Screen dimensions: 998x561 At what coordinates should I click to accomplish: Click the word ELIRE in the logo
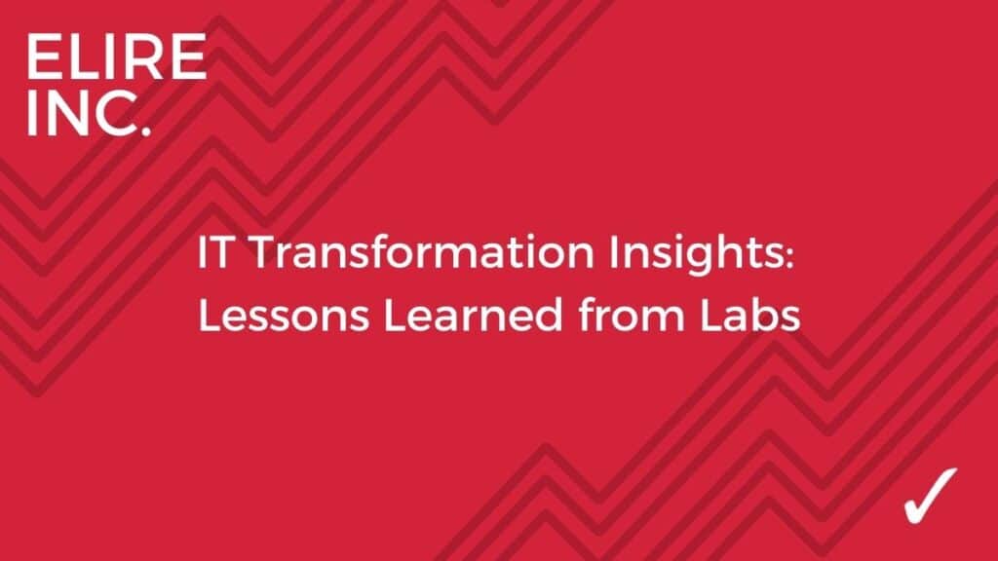[x=117, y=57]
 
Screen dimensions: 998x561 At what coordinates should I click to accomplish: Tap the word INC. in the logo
[x=89, y=113]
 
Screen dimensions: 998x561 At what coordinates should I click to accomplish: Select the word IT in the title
[x=213, y=252]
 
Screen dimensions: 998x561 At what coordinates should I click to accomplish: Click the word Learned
[x=474, y=315]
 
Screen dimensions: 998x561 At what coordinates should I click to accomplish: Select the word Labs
[x=749, y=315]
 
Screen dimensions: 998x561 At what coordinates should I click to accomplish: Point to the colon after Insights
[x=789, y=256]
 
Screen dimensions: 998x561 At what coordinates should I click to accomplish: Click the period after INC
[x=146, y=131]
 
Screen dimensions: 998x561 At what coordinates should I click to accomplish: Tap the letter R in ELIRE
[x=138, y=57]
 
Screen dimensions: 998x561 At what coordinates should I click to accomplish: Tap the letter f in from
[x=588, y=315]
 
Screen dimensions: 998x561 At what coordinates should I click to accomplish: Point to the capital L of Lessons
[x=210, y=316]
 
